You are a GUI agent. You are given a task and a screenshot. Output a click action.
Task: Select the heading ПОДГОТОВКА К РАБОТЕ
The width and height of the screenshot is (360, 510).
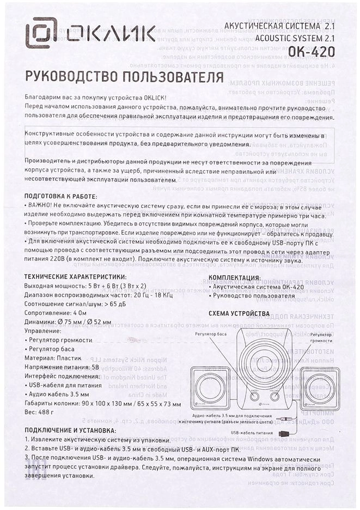61,197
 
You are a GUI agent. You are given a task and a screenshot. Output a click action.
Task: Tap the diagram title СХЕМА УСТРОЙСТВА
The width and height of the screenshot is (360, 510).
239,314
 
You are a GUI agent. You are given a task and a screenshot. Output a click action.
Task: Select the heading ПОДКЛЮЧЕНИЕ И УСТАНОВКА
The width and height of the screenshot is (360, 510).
75,430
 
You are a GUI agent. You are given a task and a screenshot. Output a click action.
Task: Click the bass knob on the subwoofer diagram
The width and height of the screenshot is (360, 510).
254,397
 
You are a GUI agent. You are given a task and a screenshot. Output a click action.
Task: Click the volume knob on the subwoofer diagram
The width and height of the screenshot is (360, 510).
275,397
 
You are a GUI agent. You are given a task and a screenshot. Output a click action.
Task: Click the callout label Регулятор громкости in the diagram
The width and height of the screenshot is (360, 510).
321,336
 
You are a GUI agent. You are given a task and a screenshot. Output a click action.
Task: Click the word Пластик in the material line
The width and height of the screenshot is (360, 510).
81,358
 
